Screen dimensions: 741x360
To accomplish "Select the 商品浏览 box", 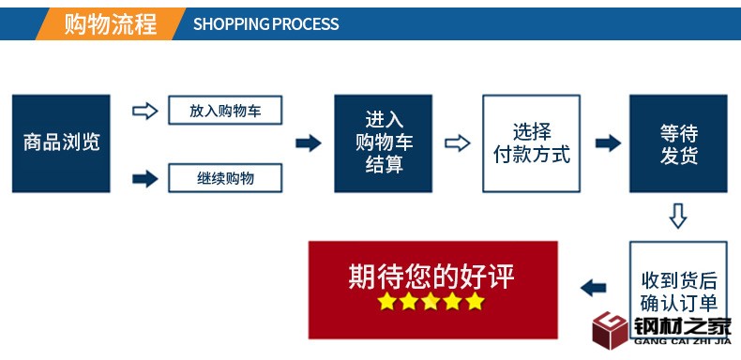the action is [x=61, y=143].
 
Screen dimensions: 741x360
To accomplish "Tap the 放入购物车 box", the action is [x=225, y=111].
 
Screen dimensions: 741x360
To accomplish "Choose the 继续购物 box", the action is [x=225, y=177].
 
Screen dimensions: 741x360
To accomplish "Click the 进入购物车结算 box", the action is [x=384, y=143].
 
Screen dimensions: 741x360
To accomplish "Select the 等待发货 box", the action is [x=677, y=143].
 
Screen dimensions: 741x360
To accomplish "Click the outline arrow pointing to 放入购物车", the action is [x=144, y=111].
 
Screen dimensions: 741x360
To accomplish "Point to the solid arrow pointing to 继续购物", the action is [x=144, y=178].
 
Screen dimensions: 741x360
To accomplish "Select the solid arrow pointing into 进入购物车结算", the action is [x=309, y=143].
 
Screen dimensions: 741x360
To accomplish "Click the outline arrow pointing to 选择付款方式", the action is [x=457, y=143].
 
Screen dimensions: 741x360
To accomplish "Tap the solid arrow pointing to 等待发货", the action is [x=608, y=143].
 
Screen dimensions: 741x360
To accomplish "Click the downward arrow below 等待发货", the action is [x=677, y=217].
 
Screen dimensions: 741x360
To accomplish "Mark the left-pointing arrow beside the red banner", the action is [x=593, y=287].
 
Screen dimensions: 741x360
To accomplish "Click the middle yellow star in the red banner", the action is [x=431, y=302].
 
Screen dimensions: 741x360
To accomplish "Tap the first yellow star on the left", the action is [x=386, y=302].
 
